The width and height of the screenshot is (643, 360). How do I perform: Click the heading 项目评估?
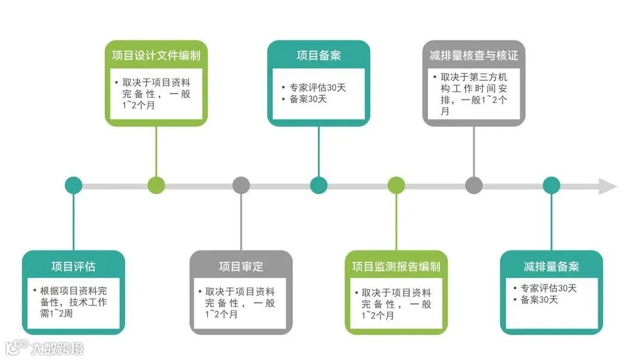tap(73, 267)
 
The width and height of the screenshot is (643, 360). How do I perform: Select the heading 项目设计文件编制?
tap(156, 56)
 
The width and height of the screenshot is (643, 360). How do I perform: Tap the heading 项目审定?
tap(241, 267)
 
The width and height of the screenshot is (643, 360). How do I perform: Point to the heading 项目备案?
tap(319, 56)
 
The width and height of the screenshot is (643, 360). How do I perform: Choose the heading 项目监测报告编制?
tap(396, 267)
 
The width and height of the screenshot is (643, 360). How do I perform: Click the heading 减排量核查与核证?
tap(474, 56)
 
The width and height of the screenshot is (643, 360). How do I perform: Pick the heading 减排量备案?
tap(551, 267)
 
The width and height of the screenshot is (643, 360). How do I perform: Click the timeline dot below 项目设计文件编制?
tap(156, 185)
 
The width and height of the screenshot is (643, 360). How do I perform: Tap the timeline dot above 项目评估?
tap(73, 185)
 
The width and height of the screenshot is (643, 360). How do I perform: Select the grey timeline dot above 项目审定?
tap(241, 185)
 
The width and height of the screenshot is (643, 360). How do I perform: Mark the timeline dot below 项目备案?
tap(319, 185)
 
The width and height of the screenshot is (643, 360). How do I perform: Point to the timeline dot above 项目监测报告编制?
tap(396, 185)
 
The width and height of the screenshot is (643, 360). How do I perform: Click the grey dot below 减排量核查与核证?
tap(474, 185)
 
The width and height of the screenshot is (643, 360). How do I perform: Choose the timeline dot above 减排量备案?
tap(551, 185)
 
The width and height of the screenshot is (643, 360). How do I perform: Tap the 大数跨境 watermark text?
tap(57, 348)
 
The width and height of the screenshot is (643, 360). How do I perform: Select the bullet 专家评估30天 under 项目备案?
tap(317, 87)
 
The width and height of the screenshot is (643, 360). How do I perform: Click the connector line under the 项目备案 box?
tap(319, 152)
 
